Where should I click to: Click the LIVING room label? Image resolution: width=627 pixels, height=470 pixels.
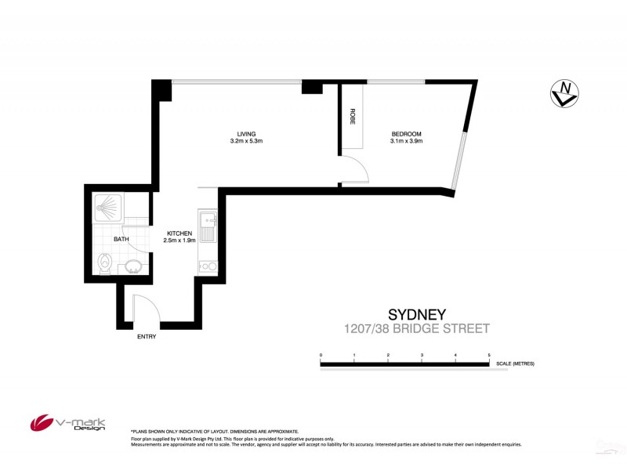pyautogui.click(x=248, y=134)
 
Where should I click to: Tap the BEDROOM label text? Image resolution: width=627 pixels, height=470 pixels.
pyautogui.click(x=407, y=134)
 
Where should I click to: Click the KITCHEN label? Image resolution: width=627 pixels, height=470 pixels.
pyautogui.click(x=179, y=233)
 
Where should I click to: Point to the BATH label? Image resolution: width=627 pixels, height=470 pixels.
pyautogui.click(x=121, y=240)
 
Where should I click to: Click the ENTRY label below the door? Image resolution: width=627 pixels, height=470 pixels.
pyautogui.click(x=147, y=337)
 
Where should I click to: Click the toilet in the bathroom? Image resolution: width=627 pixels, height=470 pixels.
pyautogui.click(x=104, y=264)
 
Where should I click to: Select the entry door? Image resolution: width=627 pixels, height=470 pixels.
pyautogui.click(x=147, y=309)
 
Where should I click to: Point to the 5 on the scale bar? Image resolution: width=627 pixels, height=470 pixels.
pyautogui.click(x=489, y=356)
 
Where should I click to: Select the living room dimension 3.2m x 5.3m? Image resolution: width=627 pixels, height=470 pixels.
pyautogui.click(x=248, y=142)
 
